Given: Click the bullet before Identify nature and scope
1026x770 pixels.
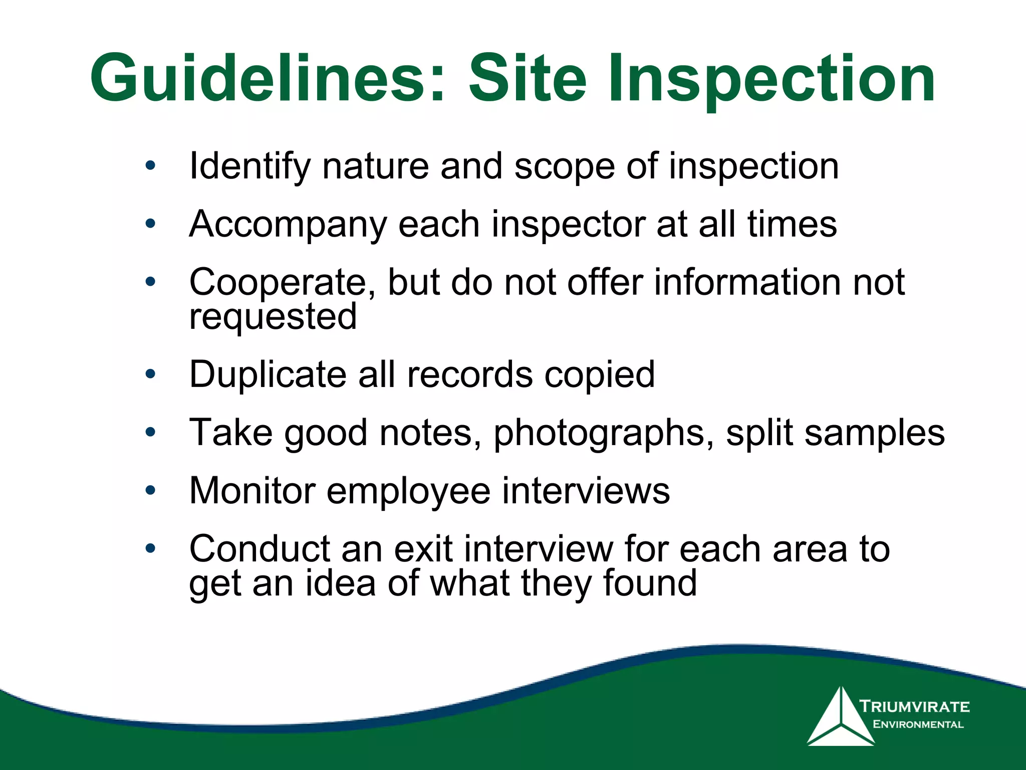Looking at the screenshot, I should click(x=150, y=165).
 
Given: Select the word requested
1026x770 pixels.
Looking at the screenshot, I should click(x=273, y=317).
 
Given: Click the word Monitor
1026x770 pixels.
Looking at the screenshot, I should click(x=252, y=490).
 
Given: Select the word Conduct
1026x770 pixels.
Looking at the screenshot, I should click(x=259, y=548).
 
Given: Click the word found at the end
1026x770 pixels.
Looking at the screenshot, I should click(x=649, y=584).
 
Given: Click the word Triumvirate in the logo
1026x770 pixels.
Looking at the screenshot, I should click(x=914, y=707).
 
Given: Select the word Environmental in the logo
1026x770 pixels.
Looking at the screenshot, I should click(x=918, y=724).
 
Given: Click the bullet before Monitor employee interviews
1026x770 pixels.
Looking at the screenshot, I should click(x=150, y=490).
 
